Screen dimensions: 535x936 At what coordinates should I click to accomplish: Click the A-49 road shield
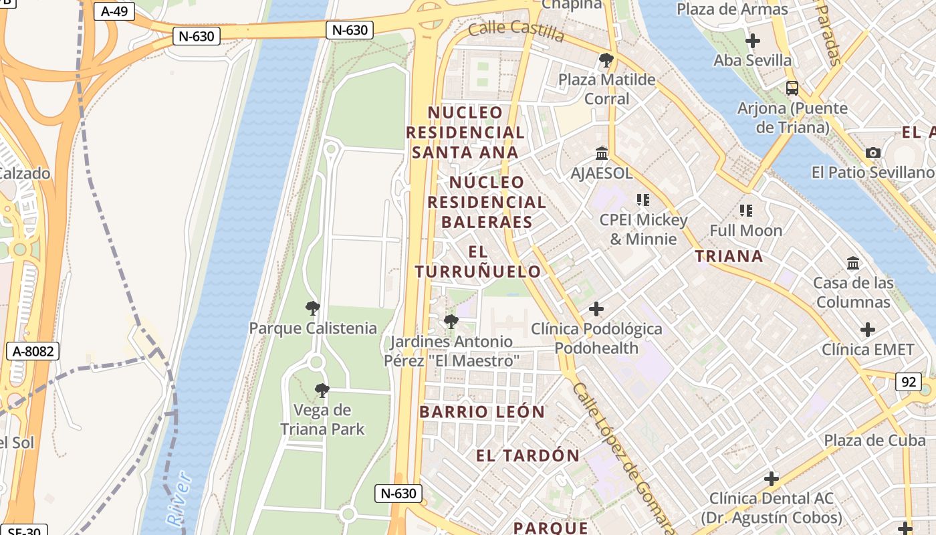click(x=114, y=11)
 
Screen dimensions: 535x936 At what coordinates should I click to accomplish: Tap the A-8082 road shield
click(x=32, y=351)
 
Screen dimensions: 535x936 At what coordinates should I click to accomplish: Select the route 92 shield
click(x=908, y=382)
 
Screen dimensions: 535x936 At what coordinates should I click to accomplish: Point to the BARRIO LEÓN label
click(x=482, y=412)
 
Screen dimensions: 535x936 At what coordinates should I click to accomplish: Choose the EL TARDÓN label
click(x=528, y=456)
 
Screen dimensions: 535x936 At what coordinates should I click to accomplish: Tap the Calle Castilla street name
click(x=516, y=29)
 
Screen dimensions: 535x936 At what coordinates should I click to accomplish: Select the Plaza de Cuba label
click(x=874, y=441)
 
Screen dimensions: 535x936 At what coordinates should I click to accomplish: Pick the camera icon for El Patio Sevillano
click(x=872, y=153)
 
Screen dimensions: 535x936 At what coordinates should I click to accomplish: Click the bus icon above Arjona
click(x=792, y=88)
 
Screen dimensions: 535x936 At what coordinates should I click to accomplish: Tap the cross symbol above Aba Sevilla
click(x=752, y=41)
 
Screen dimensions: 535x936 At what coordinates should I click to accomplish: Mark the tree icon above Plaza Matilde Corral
click(x=606, y=60)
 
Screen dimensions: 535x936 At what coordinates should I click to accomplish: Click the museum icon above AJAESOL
click(x=601, y=154)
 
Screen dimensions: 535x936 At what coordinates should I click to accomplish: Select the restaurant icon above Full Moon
click(x=745, y=211)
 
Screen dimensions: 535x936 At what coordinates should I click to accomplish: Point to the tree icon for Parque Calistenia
click(x=312, y=308)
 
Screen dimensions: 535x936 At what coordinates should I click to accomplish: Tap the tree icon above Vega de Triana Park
click(x=322, y=390)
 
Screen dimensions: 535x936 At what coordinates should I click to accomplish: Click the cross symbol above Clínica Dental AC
click(x=772, y=479)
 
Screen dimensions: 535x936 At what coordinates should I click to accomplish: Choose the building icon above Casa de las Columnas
click(x=853, y=263)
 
